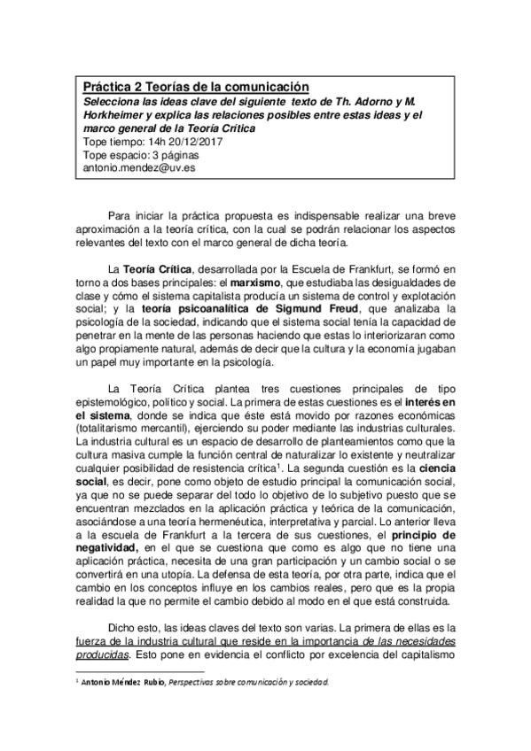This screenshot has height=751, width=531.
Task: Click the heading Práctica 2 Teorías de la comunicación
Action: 196,87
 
